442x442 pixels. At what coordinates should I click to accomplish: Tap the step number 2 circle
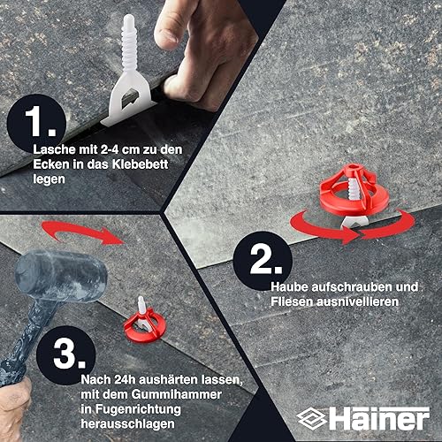(263, 261)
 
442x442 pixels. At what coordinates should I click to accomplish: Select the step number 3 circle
(66, 355)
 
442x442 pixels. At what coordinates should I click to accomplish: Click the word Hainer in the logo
(379, 418)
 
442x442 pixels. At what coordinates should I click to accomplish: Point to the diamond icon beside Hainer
(311, 419)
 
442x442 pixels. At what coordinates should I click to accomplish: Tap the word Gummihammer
(177, 394)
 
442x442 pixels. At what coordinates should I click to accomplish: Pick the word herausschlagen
(128, 424)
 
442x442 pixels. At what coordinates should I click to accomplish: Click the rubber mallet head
(61, 276)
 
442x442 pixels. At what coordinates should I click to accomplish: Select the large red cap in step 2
(354, 191)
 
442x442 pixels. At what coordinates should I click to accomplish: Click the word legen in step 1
(49, 179)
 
